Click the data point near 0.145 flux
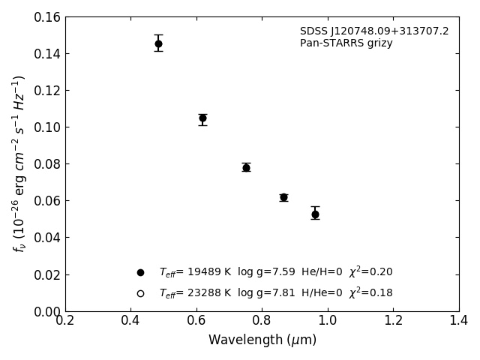point(158,43)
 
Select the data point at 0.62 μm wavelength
point(202,118)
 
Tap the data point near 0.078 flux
point(246,167)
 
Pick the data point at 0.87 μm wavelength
point(283,197)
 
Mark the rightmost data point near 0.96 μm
point(315,214)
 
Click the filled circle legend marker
point(140,272)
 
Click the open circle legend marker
point(140,293)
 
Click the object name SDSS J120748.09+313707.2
point(374,31)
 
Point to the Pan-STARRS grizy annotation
point(346,43)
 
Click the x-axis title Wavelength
point(262,340)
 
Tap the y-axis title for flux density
point(19,163)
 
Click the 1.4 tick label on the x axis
point(459,321)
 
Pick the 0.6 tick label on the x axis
point(196,321)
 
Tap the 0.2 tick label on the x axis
point(65,321)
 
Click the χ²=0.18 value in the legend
point(370,292)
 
